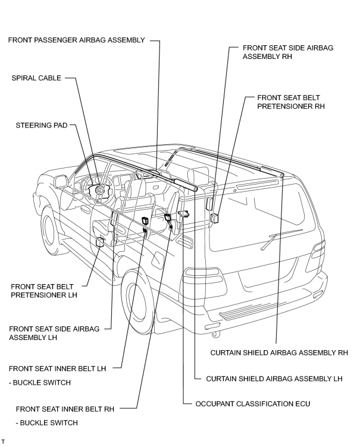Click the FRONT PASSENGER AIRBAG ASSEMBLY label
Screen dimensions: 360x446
point(76,40)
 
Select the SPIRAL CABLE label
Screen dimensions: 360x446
point(36,78)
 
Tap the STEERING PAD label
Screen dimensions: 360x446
point(42,125)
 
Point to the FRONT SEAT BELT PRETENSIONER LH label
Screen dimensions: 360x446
point(44,291)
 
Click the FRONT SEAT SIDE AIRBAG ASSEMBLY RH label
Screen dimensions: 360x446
point(288,52)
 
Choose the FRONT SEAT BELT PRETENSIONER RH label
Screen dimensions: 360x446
point(291,102)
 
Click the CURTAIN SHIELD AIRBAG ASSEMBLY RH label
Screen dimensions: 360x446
point(279,353)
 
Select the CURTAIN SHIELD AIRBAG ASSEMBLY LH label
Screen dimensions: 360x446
point(274,379)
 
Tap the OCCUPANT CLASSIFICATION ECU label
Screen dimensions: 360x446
point(253,404)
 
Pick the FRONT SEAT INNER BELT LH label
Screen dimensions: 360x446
point(57,369)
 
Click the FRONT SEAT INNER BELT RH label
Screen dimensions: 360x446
point(65,409)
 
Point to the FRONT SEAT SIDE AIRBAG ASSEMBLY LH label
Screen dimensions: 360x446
point(54,333)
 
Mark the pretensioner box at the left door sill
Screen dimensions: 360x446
point(100,242)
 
